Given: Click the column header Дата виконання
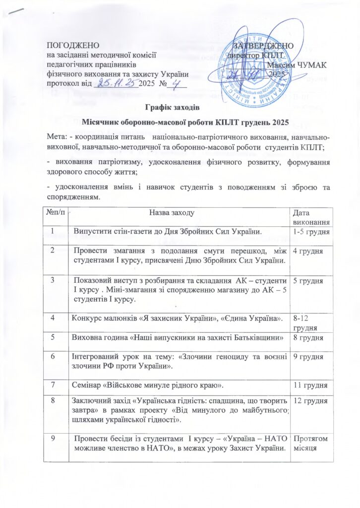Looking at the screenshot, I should [312, 216].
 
